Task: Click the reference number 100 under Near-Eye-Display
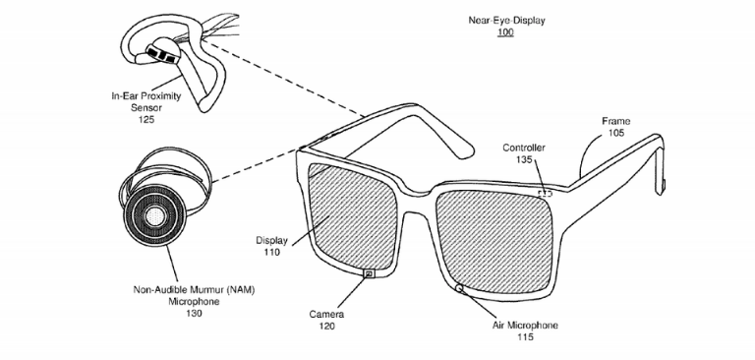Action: coord(506,32)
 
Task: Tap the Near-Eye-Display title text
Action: coord(506,21)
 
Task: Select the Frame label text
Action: coord(615,121)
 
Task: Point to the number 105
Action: coord(616,133)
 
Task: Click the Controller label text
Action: coord(524,148)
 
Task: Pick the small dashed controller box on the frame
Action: coord(545,194)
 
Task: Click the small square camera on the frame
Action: coord(370,273)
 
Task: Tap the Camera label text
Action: coord(326,315)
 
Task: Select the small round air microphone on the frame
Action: coord(459,288)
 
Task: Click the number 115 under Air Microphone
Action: coord(525,337)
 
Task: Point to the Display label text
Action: coord(271,240)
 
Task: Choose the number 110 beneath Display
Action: coord(271,252)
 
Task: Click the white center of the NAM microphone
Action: coord(155,215)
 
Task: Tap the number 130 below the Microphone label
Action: coord(194,314)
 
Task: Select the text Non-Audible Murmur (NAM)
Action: coord(194,290)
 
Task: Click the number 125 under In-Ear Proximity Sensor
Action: coord(145,120)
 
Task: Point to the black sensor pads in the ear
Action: coord(161,53)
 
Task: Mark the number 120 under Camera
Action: coord(326,327)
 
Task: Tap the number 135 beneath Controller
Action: coord(524,159)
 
